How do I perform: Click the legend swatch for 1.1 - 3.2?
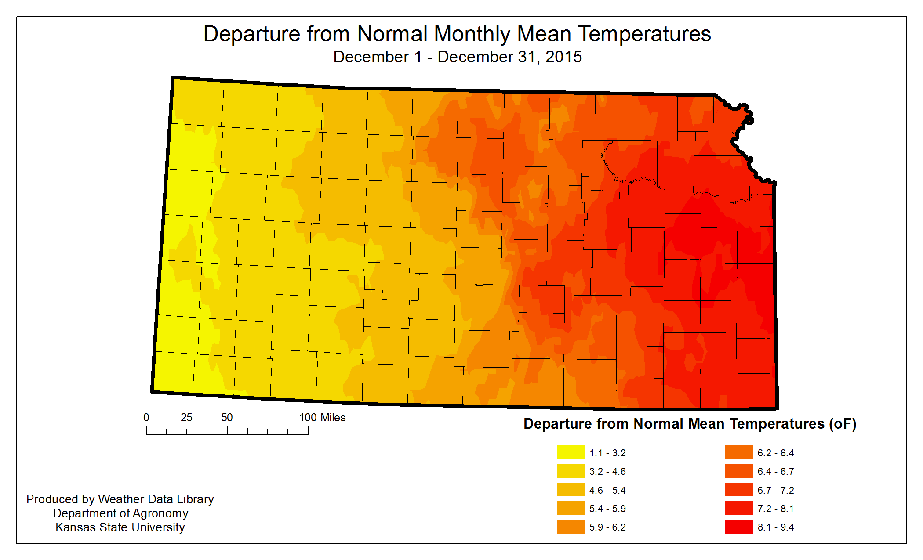click(x=570, y=452)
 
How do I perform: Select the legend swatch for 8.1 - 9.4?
click(x=738, y=527)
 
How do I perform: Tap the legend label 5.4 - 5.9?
click(x=607, y=509)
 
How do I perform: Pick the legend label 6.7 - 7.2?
click(x=775, y=490)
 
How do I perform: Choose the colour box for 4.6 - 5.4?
click(x=570, y=490)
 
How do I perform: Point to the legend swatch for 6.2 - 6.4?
click(x=738, y=452)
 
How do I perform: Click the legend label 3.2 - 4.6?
click(x=607, y=471)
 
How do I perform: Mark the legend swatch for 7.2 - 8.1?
click(x=738, y=508)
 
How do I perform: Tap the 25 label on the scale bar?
click(x=186, y=418)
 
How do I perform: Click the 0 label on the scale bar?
click(x=146, y=418)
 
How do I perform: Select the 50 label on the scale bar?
click(x=227, y=418)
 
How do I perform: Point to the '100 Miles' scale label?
click(x=322, y=418)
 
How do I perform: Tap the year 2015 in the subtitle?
click(x=563, y=57)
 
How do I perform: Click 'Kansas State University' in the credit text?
click(x=120, y=527)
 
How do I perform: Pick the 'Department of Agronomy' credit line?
click(x=120, y=513)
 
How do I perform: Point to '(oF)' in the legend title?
click(x=843, y=424)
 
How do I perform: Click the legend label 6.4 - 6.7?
click(x=775, y=471)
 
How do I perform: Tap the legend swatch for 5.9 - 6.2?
click(x=570, y=527)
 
